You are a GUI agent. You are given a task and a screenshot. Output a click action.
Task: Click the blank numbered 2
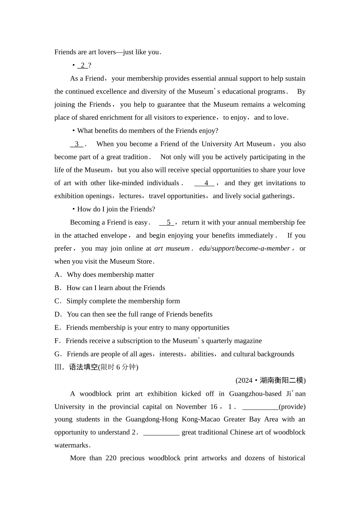83,66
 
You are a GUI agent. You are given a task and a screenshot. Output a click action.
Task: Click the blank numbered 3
77,144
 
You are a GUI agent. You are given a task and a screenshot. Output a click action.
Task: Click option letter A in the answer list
57,275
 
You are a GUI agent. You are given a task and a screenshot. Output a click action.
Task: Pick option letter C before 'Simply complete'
57,301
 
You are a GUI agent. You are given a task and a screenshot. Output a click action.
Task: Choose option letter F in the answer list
57,341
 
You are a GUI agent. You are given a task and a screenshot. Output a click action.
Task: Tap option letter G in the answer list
57,354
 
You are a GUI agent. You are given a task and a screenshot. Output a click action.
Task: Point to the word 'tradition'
134,157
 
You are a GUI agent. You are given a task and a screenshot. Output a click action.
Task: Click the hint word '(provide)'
292,407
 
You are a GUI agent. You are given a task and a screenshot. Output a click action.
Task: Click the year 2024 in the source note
244,380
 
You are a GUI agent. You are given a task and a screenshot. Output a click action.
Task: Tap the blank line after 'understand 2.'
161,432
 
